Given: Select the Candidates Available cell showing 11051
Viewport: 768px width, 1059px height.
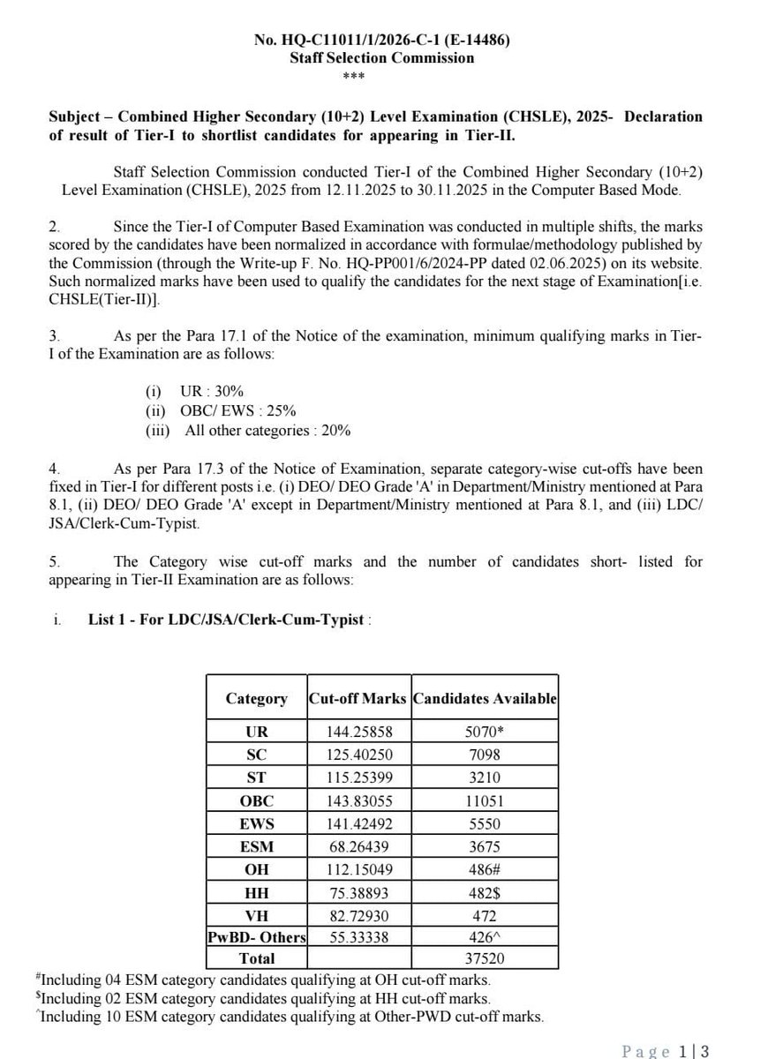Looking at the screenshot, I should pyautogui.click(x=485, y=800).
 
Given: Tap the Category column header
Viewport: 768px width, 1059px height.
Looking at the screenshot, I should pyautogui.click(x=256, y=698).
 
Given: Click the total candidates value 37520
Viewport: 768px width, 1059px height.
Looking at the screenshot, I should pyautogui.click(x=485, y=958).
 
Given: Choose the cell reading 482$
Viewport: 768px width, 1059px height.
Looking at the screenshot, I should pyautogui.click(x=485, y=892).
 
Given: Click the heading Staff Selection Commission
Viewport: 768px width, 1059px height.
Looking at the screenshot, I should pyautogui.click(x=381, y=58).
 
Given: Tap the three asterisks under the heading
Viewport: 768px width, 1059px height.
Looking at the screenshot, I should pyautogui.click(x=381, y=75).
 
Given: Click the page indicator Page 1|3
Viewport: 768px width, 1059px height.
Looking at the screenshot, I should pyautogui.click(x=666, y=1051).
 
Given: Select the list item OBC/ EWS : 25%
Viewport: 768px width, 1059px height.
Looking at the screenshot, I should pyautogui.click(x=221, y=411).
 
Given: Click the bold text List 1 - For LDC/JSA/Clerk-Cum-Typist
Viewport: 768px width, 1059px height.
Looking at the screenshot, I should pyautogui.click(x=226, y=620).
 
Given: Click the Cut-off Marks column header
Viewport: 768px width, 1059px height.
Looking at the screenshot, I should pyautogui.click(x=358, y=698).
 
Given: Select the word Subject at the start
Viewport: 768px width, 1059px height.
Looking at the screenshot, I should pyautogui.click(x=75, y=117).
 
